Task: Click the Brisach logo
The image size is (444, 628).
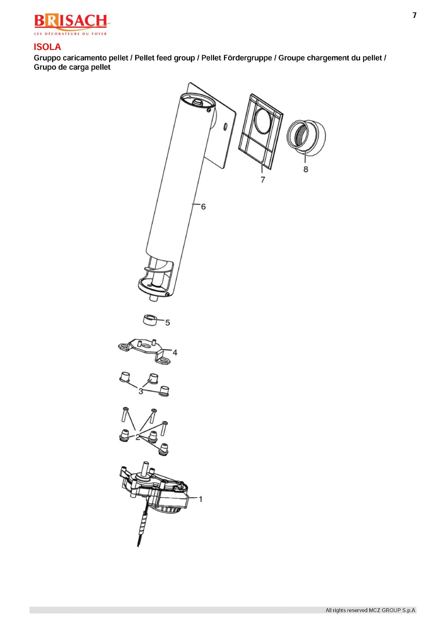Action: click(72, 25)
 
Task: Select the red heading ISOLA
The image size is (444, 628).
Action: click(47, 47)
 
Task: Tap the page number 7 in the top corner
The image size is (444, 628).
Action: click(414, 15)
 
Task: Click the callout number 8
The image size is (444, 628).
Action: click(305, 169)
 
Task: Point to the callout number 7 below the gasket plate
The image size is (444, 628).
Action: click(263, 180)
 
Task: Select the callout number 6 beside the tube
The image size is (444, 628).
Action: click(203, 207)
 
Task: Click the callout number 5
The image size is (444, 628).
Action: click(168, 323)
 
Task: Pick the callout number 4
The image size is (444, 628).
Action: click(175, 352)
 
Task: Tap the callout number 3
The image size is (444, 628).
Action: click(141, 391)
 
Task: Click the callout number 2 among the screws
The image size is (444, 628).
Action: click(138, 437)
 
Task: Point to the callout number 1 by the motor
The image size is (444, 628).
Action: click(200, 499)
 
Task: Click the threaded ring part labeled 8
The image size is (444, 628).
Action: click(306, 138)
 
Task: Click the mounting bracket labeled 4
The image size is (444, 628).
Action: click(145, 351)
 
